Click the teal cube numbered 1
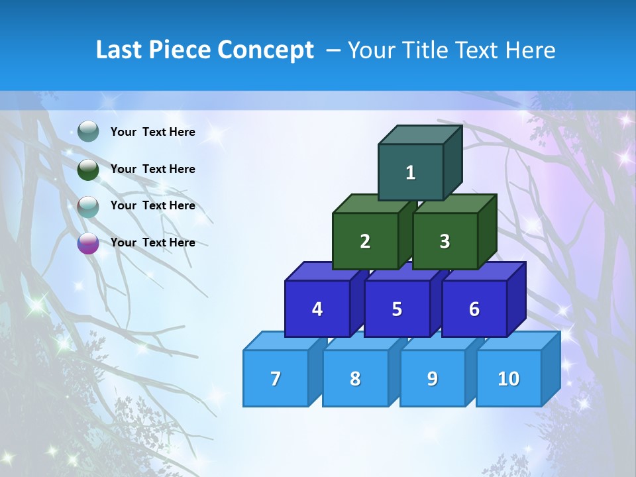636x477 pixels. (410, 172)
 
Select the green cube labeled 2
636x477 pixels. (365, 241)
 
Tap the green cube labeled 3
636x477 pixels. (445, 241)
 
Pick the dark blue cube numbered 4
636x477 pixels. (317, 309)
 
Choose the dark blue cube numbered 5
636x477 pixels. (397, 309)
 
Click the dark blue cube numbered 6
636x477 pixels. (474, 309)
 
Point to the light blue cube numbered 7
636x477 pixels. (276, 378)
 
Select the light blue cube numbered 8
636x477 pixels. (355, 378)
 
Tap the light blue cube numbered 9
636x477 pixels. (433, 378)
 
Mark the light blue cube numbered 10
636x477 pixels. (508, 378)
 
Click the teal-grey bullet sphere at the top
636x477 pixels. (88, 132)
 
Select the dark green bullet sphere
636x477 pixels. (88, 170)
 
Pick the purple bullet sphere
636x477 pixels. (88, 243)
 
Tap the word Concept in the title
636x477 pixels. (266, 50)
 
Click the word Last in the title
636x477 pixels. (119, 50)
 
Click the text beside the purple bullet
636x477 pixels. (153, 242)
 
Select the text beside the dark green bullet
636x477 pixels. (153, 169)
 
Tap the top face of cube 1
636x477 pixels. (419, 134)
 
